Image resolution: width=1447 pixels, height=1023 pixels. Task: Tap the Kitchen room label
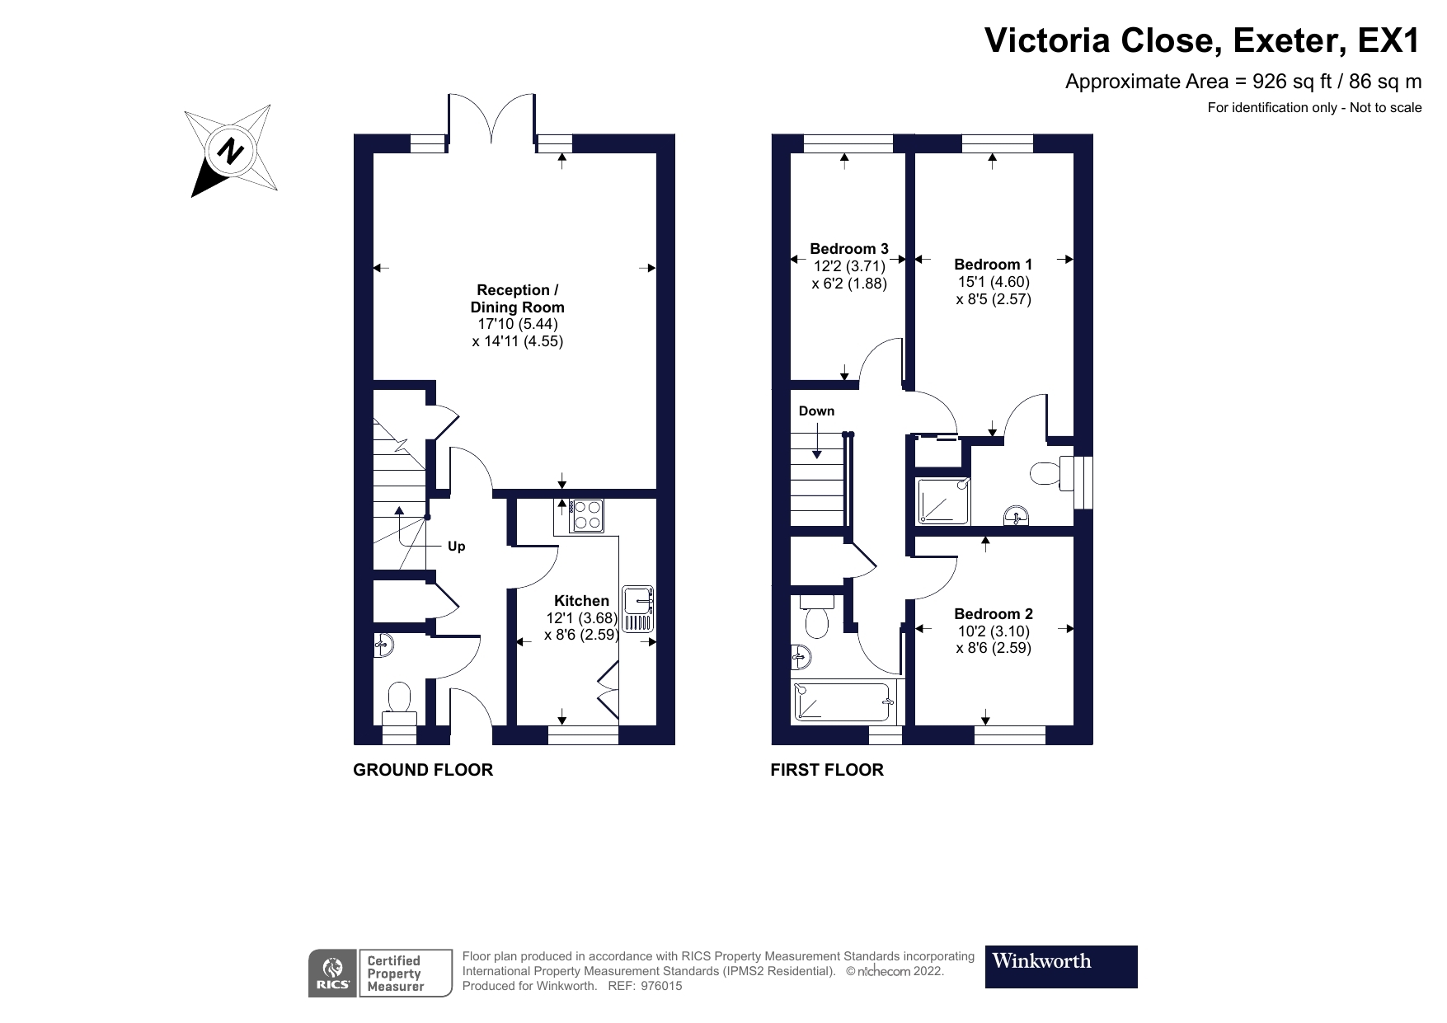pos(581,601)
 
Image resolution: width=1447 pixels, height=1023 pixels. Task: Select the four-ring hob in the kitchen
pos(586,515)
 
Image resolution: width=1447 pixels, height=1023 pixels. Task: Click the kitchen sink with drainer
pos(638,609)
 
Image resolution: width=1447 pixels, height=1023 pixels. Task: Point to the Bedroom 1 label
pos(993,265)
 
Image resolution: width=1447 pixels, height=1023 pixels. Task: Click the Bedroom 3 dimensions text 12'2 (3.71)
pos(849,266)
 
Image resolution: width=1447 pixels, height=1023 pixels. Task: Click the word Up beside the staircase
pos(456,547)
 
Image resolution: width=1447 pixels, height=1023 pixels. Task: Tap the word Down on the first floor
pos(816,411)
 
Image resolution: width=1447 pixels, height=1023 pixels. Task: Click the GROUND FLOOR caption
pos(423,770)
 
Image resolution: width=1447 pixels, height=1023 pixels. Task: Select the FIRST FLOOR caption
pos(827,770)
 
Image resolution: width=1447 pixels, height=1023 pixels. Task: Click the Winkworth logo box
pos(1061,966)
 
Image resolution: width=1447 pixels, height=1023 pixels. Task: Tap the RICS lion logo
pos(333,973)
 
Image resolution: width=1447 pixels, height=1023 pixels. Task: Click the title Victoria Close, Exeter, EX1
pos(1202,40)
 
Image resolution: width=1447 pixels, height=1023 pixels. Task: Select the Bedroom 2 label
pos(993,614)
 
